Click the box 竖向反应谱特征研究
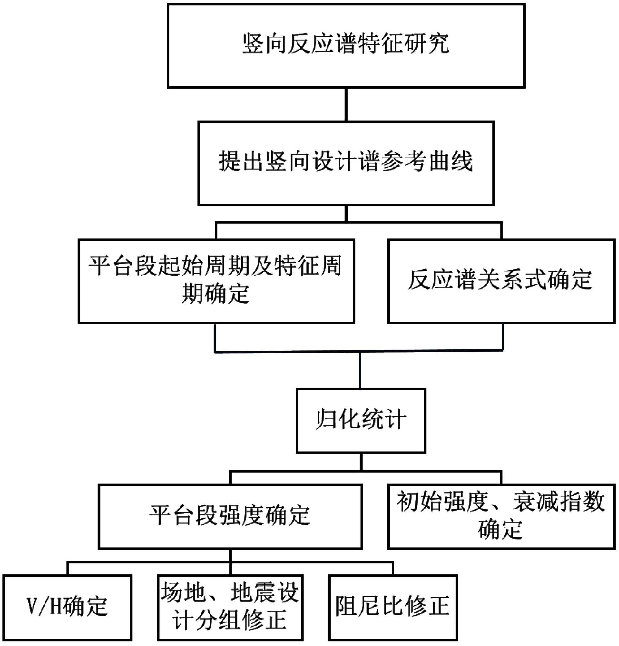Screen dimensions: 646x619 point(346,46)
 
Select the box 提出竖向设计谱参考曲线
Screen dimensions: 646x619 point(346,163)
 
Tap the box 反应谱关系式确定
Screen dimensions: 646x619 point(501,281)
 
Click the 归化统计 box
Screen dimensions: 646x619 point(361,420)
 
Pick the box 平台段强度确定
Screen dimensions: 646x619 point(230,516)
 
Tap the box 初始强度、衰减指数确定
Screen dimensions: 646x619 point(501,516)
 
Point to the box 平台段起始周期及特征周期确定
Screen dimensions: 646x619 point(216,281)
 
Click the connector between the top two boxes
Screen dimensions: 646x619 point(346,105)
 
